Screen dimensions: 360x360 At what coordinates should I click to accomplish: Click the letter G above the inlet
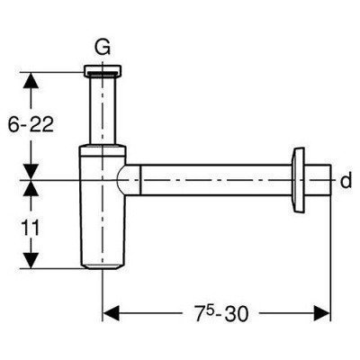(x=103, y=47)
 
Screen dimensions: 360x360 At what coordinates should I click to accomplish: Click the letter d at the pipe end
(x=346, y=181)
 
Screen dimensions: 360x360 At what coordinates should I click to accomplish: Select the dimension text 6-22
(x=31, y=124)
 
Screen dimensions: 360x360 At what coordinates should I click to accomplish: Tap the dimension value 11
(x=31, y=228)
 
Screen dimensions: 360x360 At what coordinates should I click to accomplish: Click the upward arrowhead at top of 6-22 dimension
(x=31, y=80)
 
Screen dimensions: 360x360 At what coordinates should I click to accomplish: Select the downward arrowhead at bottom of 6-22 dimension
(x=31, y=172)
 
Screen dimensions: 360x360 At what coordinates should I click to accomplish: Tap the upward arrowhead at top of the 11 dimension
(x=31, y=188)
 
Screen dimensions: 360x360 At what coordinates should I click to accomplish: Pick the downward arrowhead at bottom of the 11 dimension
(x=31, y=260)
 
